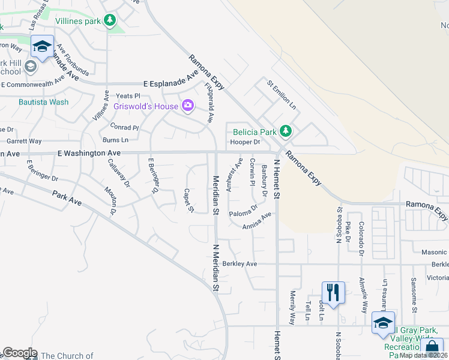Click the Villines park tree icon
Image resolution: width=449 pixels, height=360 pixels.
(109, 21)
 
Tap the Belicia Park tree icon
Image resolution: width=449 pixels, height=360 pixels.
(286, 131)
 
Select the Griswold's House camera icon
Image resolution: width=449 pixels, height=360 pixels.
(188, 106)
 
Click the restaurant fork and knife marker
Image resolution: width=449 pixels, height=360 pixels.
(333, 292)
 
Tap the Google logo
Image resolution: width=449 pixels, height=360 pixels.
(19, 353)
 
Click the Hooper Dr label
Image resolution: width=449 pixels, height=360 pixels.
(245, 142)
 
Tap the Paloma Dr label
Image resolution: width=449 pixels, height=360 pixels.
(243, 211)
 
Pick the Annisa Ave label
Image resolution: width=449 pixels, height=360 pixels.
(257, 220)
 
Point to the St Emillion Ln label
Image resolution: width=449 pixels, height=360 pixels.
(282, 95)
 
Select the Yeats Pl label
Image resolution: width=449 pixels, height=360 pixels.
(127, 96)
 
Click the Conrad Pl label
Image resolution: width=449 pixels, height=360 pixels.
(124, 127)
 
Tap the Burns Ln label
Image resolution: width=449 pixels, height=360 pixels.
(116, 140)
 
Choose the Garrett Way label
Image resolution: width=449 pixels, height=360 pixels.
(24, 142)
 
